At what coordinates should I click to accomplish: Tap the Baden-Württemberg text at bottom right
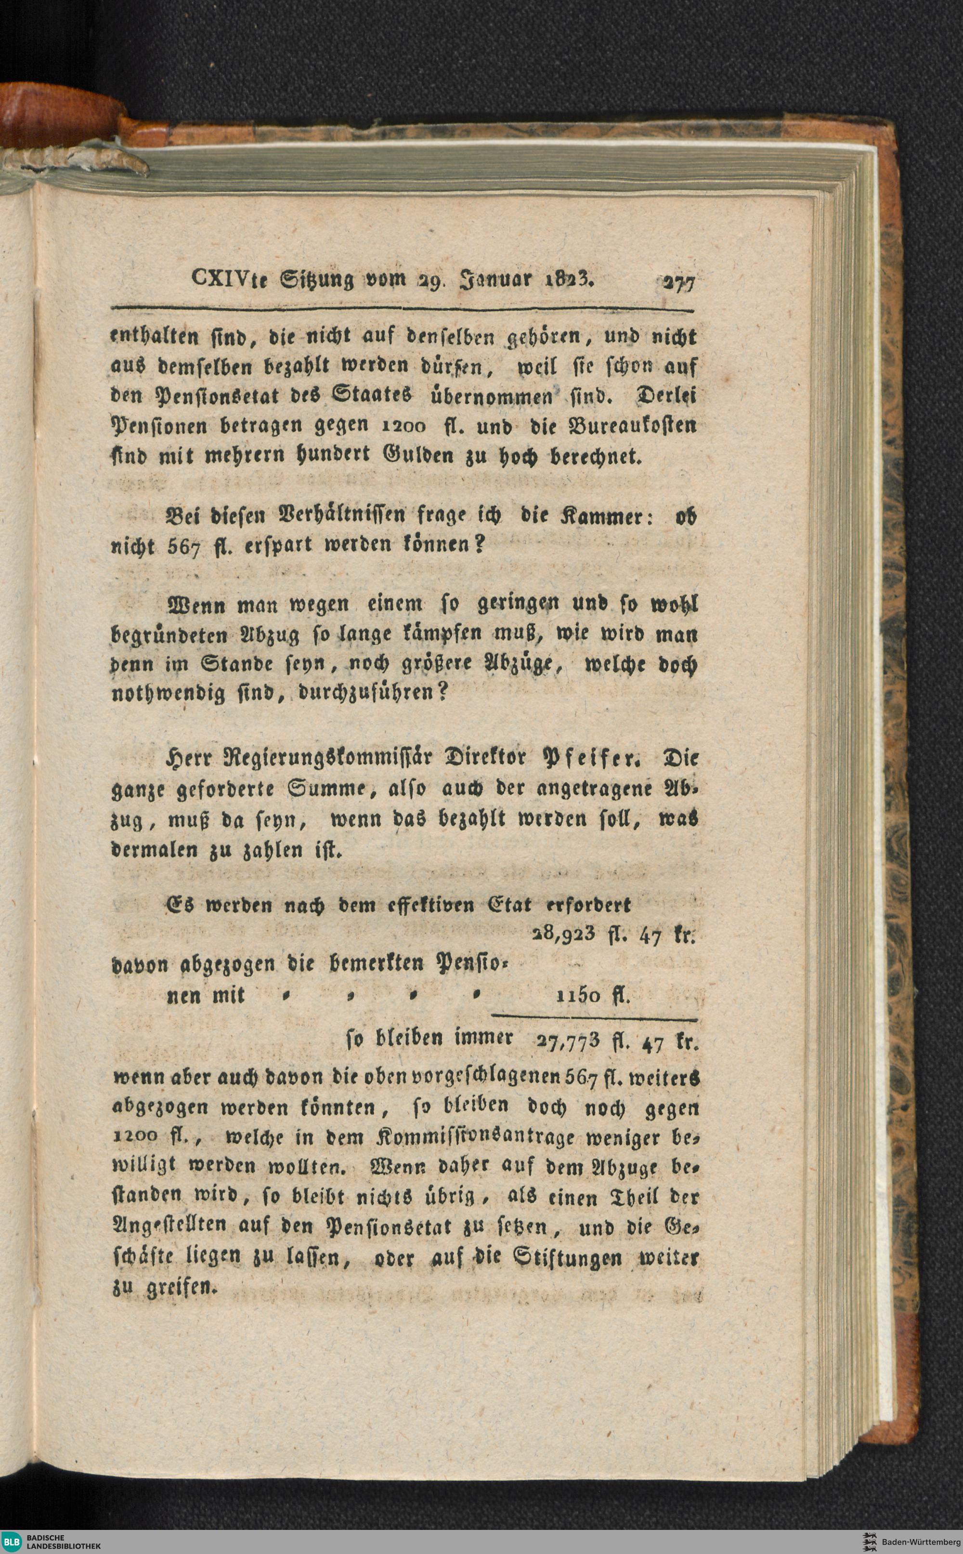click(920, 1541)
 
